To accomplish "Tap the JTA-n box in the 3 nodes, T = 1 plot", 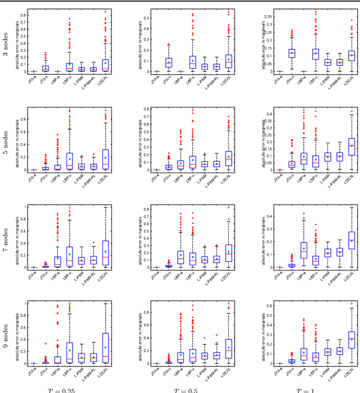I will (292, 53).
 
